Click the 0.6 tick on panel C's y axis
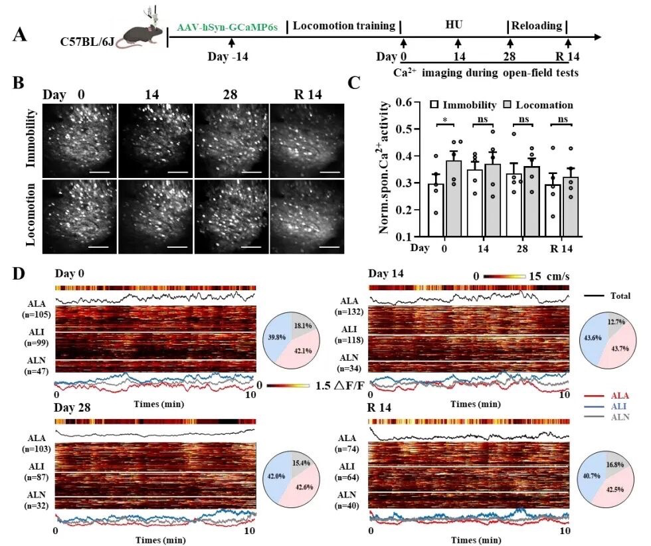(x=401, y=103)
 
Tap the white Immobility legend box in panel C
(x=434, y=105)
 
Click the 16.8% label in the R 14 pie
(x=616, y=466)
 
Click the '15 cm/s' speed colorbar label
(x=550, y=276)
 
